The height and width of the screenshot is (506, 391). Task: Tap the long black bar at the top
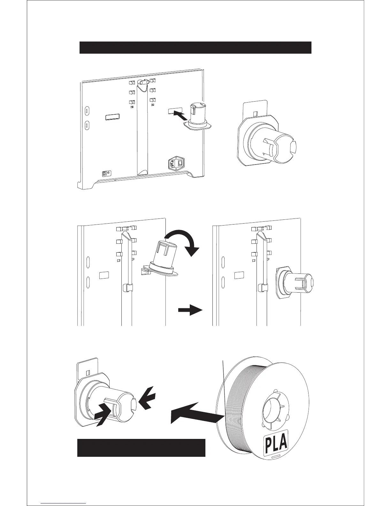195,48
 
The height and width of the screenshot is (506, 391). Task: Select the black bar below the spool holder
141,448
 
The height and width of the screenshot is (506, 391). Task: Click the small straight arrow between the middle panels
190,310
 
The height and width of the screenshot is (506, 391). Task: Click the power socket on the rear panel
176,165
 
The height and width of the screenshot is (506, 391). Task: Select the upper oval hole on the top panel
87,111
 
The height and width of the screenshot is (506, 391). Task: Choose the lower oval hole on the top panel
87,125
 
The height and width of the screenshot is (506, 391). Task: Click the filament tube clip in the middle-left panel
127,289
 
